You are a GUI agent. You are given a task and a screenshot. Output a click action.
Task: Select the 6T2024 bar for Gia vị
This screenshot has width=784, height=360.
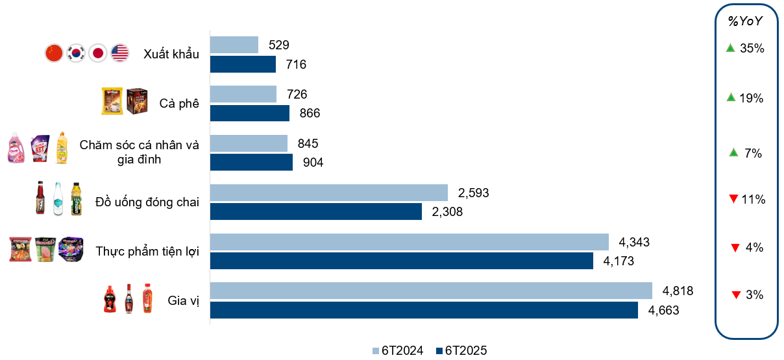431,291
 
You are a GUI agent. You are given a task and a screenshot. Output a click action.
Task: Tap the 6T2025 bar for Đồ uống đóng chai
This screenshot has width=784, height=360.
316,211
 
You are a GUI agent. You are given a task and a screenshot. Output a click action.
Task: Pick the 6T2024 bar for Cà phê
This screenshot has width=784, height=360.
243,94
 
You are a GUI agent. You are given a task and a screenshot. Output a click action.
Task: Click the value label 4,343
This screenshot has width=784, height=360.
634,242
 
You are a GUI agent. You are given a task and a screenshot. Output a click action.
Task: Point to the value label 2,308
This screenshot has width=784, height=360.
447,211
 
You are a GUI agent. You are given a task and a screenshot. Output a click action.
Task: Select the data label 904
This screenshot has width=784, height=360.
313,162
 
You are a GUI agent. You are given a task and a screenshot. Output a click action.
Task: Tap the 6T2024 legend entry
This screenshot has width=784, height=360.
398,351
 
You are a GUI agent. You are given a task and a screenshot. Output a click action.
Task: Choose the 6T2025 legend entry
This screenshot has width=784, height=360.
461,351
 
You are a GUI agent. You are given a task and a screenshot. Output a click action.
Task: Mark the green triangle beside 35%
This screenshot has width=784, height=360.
730,47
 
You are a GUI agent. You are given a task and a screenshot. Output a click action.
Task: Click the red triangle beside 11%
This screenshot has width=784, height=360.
733,199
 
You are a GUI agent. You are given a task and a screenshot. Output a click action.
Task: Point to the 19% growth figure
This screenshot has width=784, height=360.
752,98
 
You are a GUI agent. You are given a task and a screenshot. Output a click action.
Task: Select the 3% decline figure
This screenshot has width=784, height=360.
754,294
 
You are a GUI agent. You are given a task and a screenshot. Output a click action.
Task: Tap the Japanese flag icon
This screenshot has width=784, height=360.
98,53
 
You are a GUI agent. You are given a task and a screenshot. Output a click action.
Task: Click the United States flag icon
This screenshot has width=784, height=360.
119,53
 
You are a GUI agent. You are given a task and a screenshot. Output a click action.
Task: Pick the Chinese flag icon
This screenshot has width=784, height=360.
54,53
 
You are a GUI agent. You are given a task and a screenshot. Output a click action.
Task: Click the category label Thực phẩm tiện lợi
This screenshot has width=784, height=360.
147,251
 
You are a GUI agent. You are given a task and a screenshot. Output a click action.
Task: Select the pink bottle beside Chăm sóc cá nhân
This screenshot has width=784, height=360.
16,147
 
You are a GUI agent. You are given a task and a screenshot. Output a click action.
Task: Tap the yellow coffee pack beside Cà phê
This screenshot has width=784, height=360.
112,102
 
